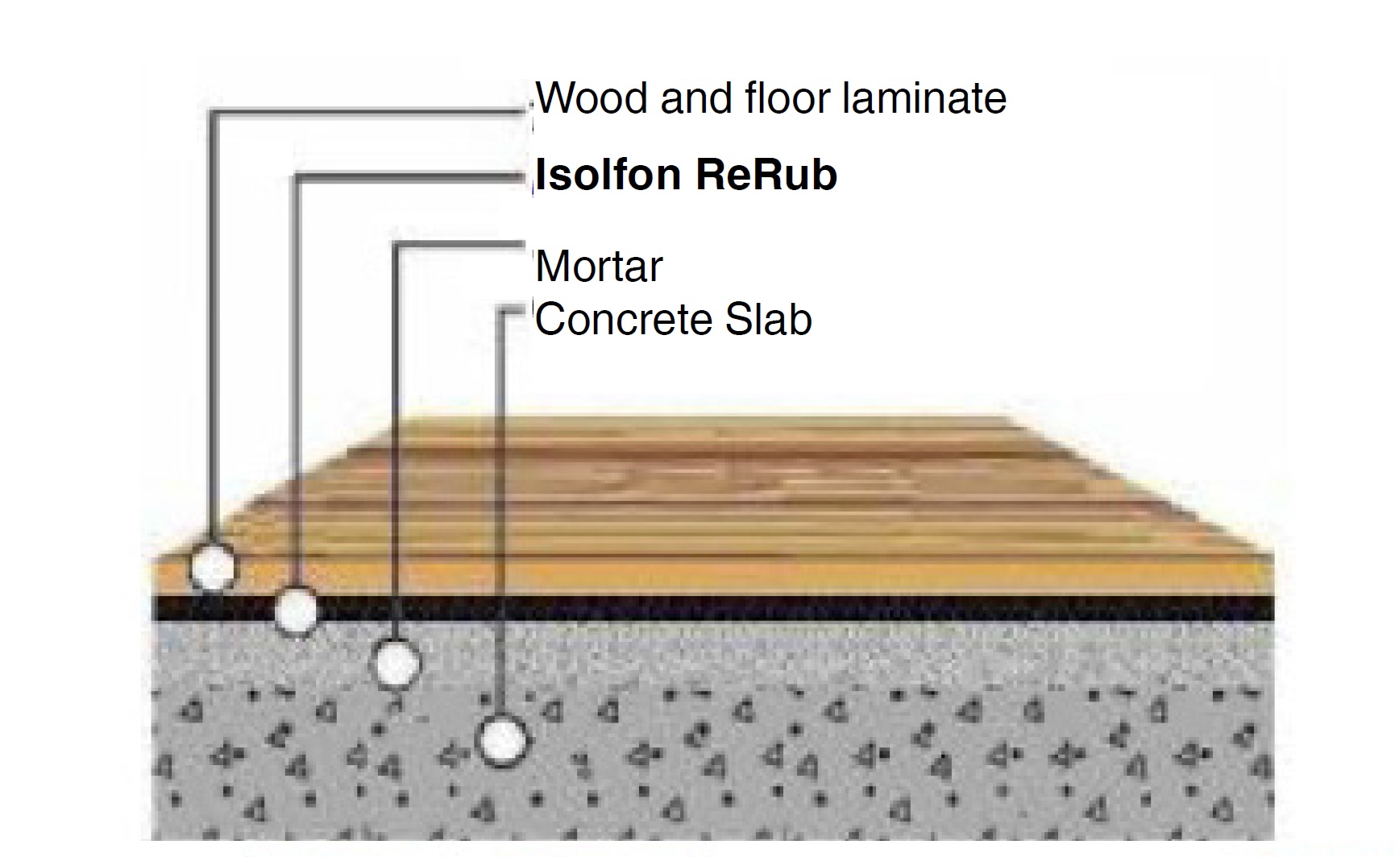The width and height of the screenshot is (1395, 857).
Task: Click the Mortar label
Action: coord(599,267)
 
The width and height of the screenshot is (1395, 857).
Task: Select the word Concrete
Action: coord(621,320)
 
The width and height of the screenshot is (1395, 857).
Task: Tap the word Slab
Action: coord(768,320)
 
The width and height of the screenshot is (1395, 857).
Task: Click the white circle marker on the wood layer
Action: coord(214,567)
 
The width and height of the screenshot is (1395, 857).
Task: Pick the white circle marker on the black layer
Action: coord(297,611)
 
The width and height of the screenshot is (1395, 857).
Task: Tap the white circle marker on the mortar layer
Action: coord(398,664)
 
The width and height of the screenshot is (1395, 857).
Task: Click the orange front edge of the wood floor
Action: coord(725,577)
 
